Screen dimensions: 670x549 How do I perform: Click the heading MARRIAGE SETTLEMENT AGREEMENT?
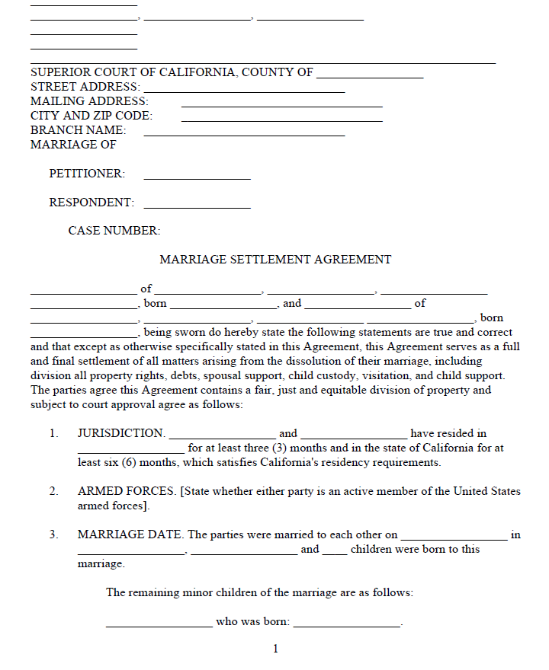pyautogui.click(x=275, y=260)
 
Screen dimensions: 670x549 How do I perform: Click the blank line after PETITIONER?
pyautogui.click(x=197, y=177)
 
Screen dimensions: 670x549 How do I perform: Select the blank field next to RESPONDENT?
pyautogui.click(x=197, y=206)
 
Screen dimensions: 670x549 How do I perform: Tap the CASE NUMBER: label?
pyautogui.click(x=114, y=231)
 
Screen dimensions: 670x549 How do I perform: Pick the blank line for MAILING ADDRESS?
pyautogui.click(x=281, y=104)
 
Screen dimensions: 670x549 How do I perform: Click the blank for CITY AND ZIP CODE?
pyautogui.click(x=281, y=119)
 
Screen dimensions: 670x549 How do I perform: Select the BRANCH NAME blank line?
pyautogui.click(x=244, y=133)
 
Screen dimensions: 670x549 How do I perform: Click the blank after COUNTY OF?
pyautogui.click(x=369, y=75)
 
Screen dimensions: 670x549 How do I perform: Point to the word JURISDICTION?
pyautogui.click(x=121, y=433)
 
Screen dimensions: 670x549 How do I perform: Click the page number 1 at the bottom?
pyautogui.click(x=275, y=649)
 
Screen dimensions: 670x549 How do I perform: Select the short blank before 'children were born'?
pyautogui.click(x=334, y=552)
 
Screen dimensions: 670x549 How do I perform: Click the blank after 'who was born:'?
pyautogui.click(x=347, y=624)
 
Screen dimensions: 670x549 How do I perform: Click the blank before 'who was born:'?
pyautogui.click(x=159, y=624)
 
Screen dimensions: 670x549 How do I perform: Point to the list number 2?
pyautogui.click(x=54, y=491)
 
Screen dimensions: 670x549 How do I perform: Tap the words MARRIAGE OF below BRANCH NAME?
pyautogui.click(x=73, y=145)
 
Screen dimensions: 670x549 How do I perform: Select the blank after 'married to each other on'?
pyautogui.click(x=454, y=538)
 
